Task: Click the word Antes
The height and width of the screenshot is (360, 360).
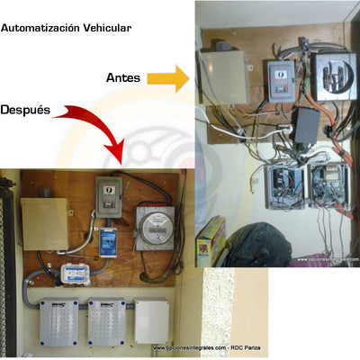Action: pyautogui.click(x=123, y=79)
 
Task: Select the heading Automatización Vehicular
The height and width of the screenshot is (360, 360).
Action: pyautogui.click(x=67, y=28)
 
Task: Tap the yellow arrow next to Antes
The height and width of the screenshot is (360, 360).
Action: pyautogui.click(x=167, y=79)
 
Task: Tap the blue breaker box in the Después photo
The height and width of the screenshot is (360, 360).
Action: pyautogui.click(x=109, y=240)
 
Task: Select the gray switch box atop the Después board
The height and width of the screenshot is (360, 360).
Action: pyautogui.click(x=109, y=195)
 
